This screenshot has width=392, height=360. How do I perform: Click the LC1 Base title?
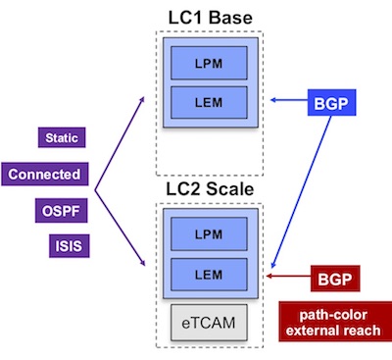pos(206,15)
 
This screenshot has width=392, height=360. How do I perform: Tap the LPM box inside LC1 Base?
pos(207,64)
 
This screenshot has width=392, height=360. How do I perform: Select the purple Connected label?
pos(47,175)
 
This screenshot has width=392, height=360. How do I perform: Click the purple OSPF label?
pos(61,209)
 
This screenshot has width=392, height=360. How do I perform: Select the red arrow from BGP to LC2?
pos(291,278)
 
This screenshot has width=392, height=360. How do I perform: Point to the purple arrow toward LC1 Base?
pos(123,137)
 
